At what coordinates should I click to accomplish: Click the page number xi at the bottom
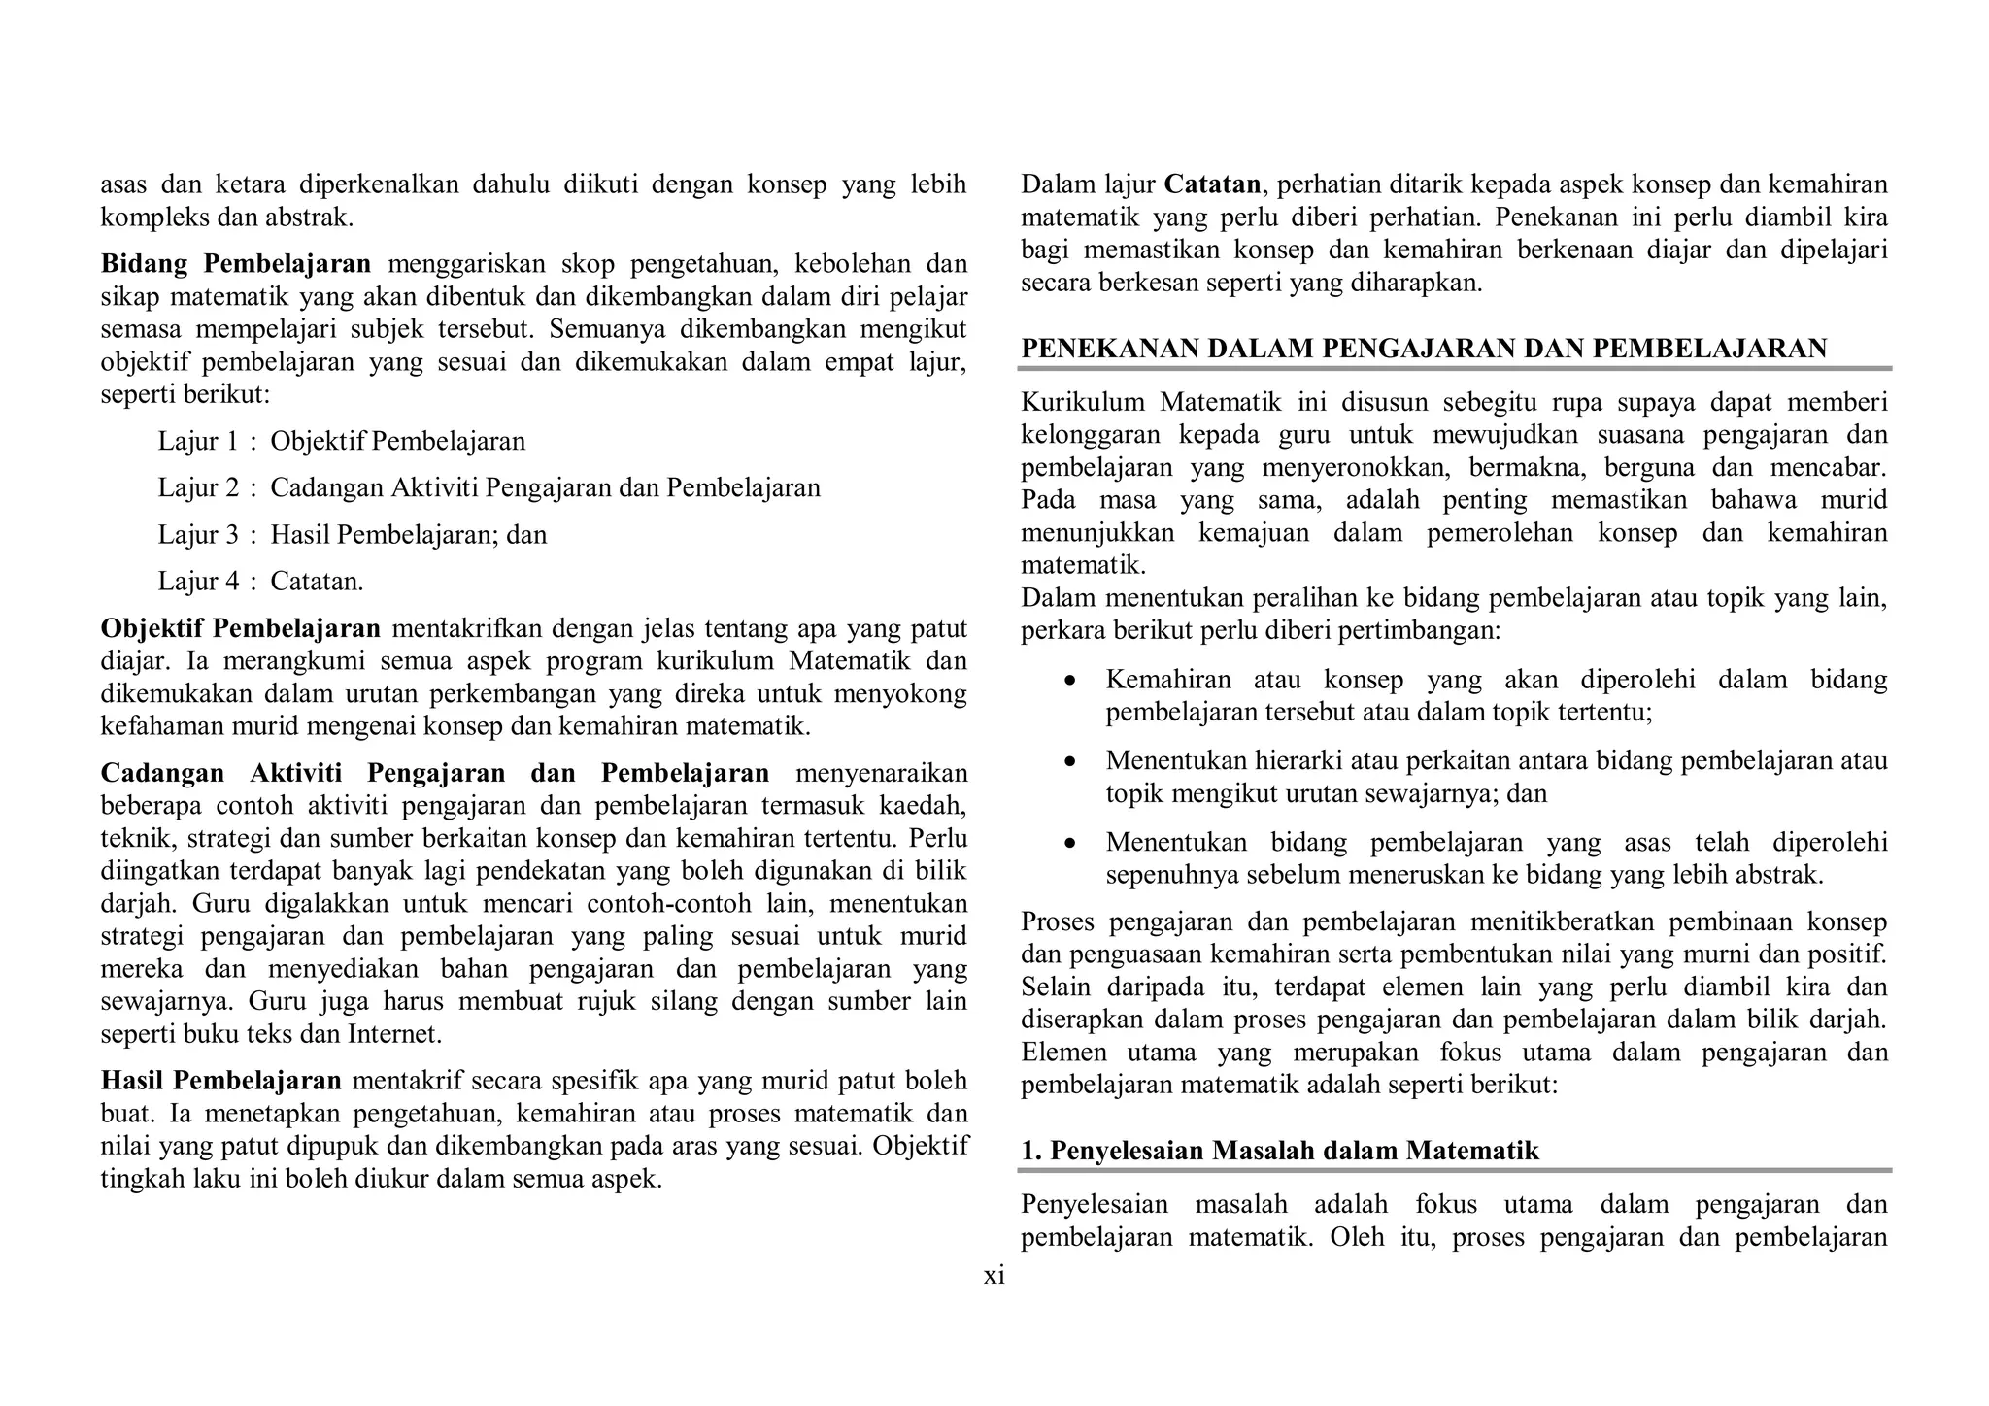point(994,1276)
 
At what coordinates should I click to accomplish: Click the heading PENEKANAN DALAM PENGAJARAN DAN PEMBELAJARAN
point(1424,349)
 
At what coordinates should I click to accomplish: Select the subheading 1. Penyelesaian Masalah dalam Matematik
point(1280,1151)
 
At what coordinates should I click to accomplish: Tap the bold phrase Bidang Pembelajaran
point(236,263)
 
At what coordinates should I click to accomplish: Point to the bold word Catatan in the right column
point(1212,184)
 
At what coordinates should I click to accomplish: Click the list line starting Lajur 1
point(342,441)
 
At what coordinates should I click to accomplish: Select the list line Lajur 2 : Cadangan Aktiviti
point(489,487)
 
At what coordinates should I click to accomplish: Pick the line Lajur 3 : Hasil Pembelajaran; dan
point(353,534)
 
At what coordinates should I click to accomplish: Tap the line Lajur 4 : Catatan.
point(261,581)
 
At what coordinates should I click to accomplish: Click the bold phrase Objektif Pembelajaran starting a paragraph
point(241,628)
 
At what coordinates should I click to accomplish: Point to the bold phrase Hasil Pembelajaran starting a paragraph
point(221,1081)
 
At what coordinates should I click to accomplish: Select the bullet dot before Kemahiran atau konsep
point(1070,682)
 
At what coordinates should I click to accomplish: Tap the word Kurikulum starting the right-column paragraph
point(1083,402)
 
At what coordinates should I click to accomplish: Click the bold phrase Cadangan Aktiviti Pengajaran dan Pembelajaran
point(435,773)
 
